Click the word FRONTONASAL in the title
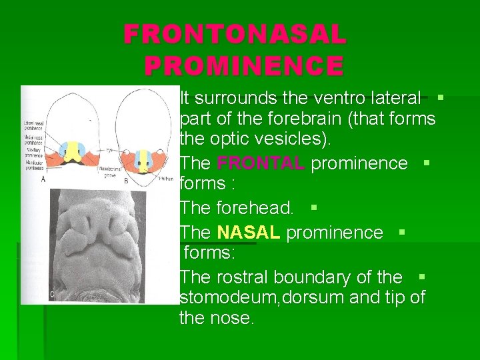tap(235, 35)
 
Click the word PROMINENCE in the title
tap(244, 66)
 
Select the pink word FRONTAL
tap(261, 163)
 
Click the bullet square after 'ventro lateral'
tap(440, 97)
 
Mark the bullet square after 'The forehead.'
tap(314, 207)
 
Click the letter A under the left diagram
tap(43, 179)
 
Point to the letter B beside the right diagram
tap(127, 179)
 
